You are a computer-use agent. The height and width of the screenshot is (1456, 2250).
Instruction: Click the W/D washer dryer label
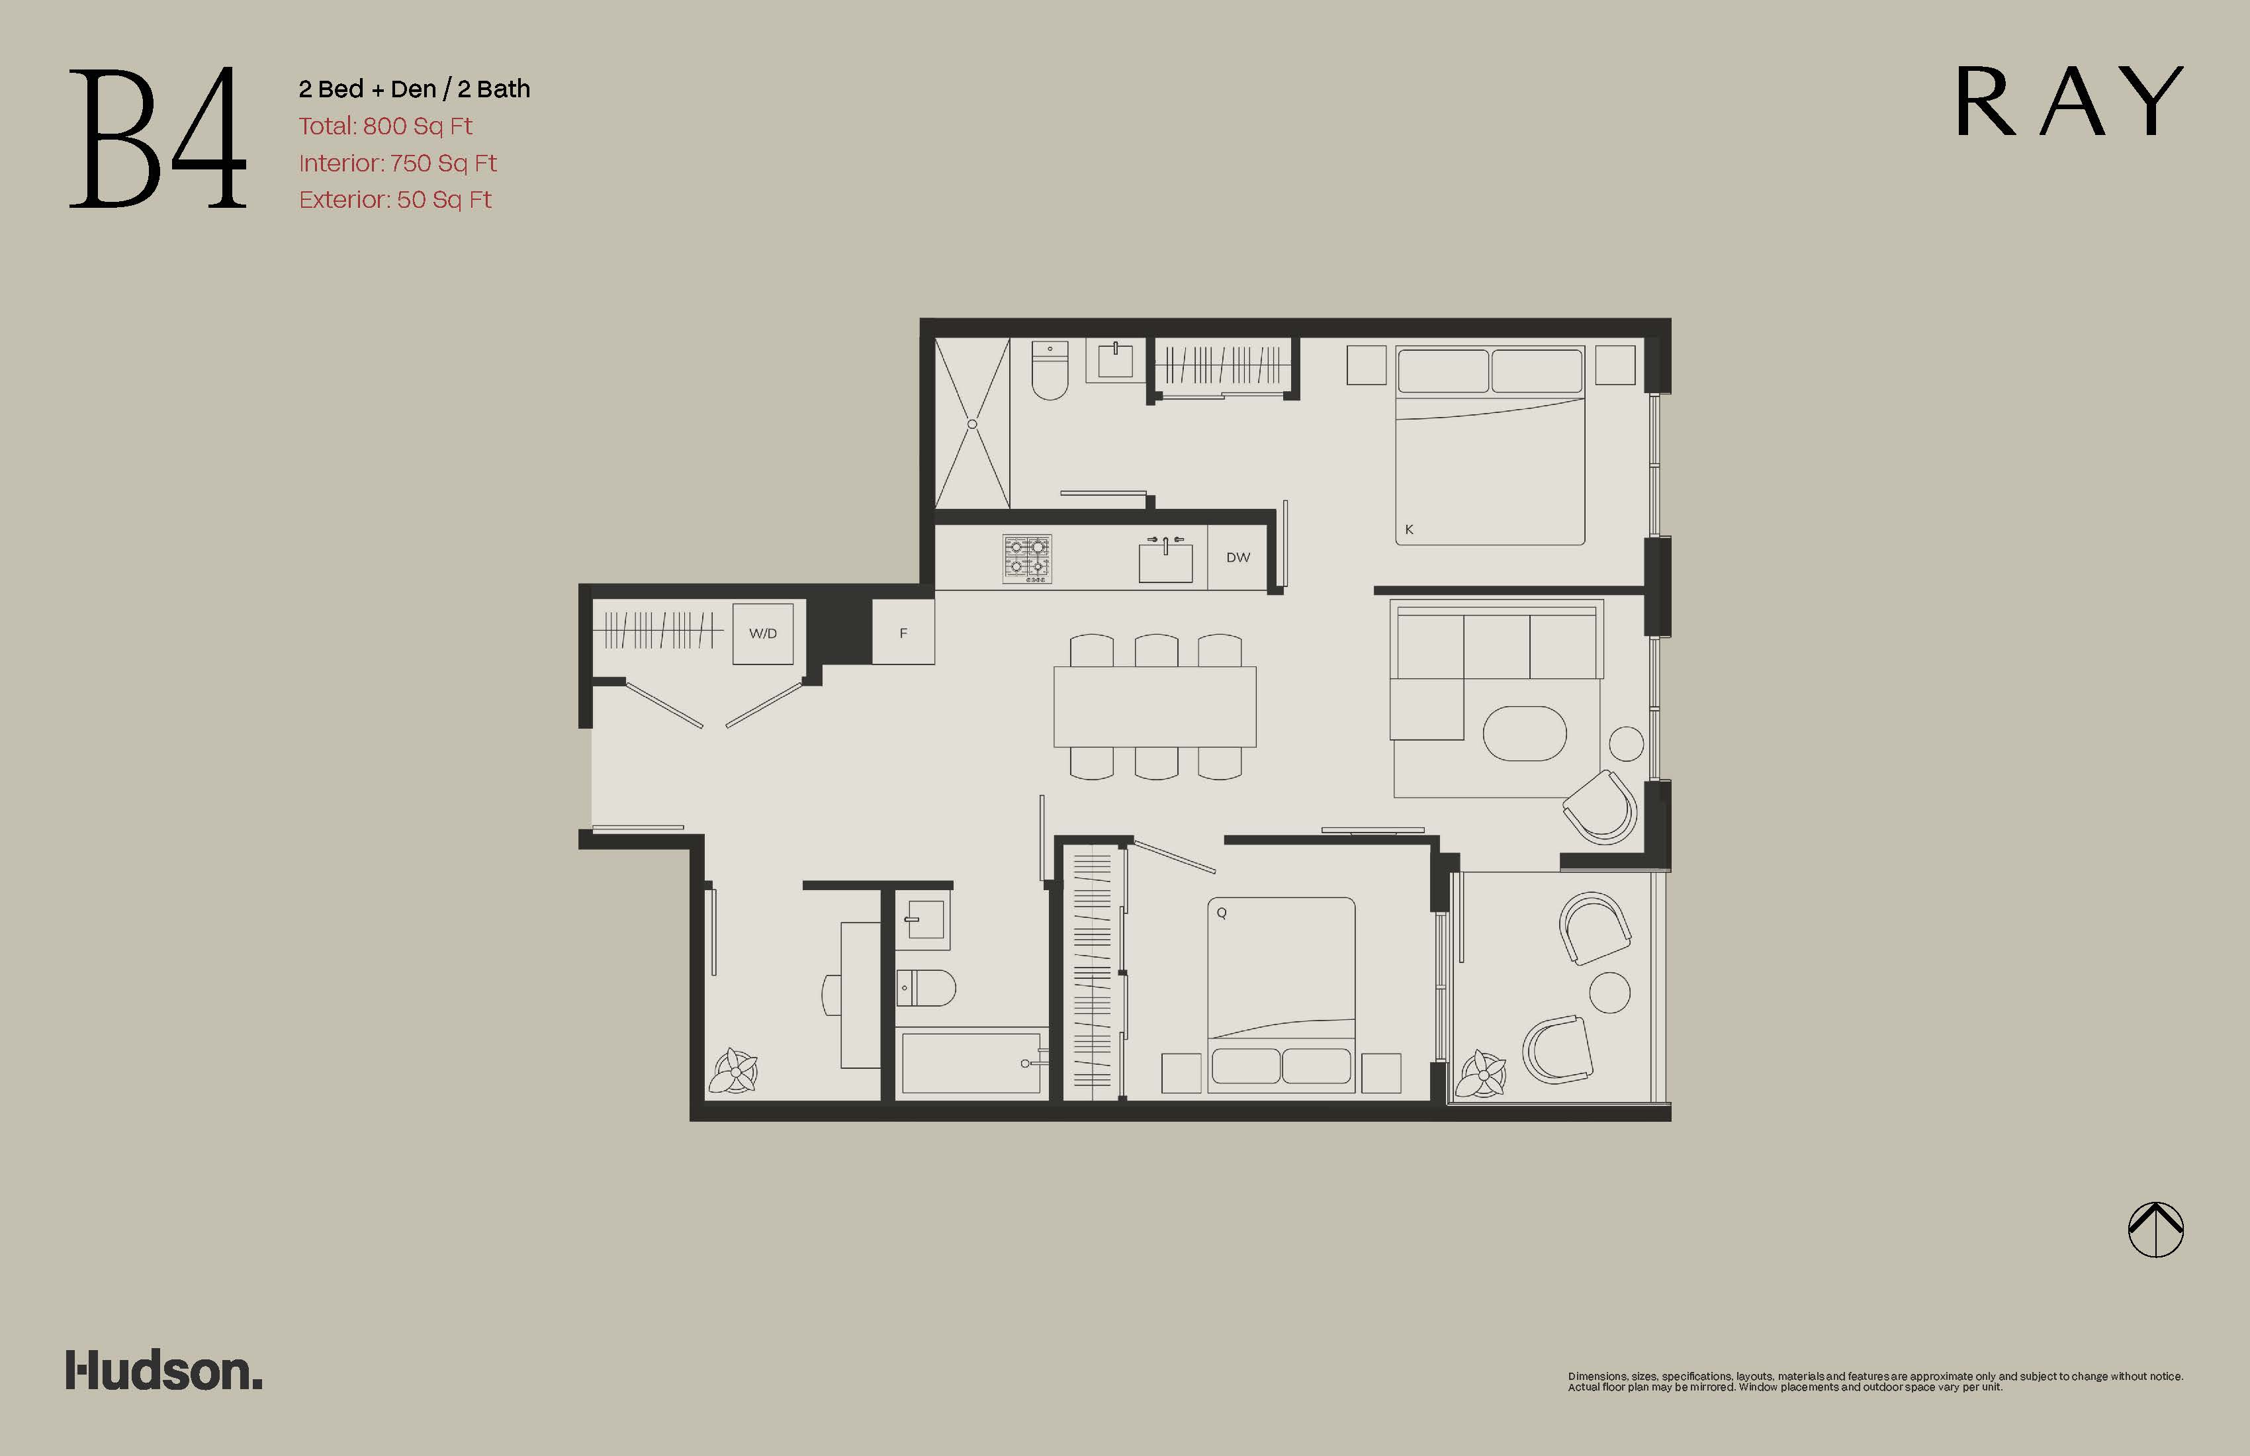coord(763,633)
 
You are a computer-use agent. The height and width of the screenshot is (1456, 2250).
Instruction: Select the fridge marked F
coord(903,633)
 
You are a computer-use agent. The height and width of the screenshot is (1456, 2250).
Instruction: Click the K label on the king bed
coord(1409,529)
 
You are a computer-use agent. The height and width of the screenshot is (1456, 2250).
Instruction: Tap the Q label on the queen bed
coord(1222,913)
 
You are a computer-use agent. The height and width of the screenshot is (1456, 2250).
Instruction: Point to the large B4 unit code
coord(158,138)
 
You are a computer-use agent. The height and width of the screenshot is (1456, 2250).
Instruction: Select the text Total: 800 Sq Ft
coord(384,126)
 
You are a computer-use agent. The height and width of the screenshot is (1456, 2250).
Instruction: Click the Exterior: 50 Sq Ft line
coord(395,199)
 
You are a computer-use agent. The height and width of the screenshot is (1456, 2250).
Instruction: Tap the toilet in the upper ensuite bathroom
coord(1050,370)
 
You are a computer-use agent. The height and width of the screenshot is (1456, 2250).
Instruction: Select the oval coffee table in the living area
coord(1525,733)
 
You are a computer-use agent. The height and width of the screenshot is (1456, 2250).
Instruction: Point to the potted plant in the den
coord(735,1071)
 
